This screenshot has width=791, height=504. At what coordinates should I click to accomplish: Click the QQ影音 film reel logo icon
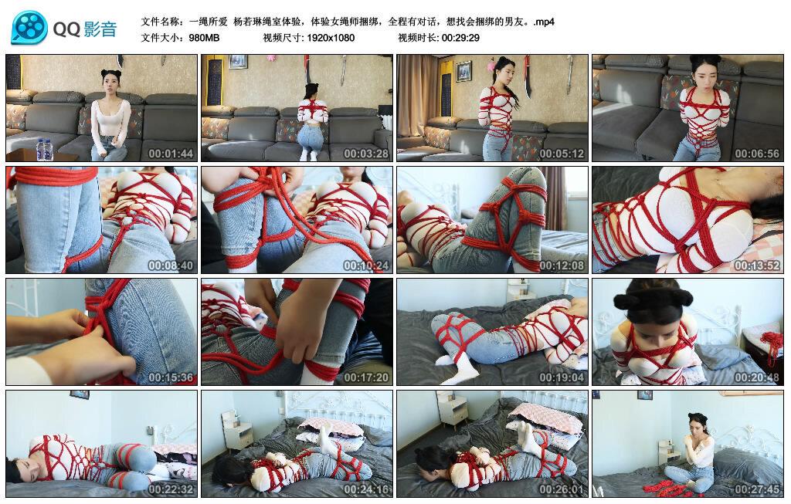pyautogui.click(x=29, y=28)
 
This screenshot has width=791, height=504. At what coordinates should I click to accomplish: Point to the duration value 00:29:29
pyautogui.click(x=460, y=38)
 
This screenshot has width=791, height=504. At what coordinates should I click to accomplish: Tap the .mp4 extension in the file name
pyautogui.click(x=544, y=22)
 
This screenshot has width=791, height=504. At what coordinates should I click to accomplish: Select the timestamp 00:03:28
pyautogui.click(x=365, y=154)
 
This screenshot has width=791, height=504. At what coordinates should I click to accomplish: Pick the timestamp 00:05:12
pyautogui.click(x=561, y=154)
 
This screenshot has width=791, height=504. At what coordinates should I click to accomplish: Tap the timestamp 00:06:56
pyautogui.click(x=756, y=154)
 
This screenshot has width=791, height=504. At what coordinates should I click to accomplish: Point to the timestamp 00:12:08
pyautogui.click(x=561, y=266)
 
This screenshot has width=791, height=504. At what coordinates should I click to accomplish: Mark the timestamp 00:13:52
pyautogui.click(x=756, y=266)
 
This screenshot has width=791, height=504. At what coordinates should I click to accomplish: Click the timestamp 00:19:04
pyautogui.click(x=561, y=377)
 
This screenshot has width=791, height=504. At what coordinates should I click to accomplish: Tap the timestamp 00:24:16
pyautogui.click(x=365, y=489)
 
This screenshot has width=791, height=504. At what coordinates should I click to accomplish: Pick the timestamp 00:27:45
pyautogui.click(x=756, y=489)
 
